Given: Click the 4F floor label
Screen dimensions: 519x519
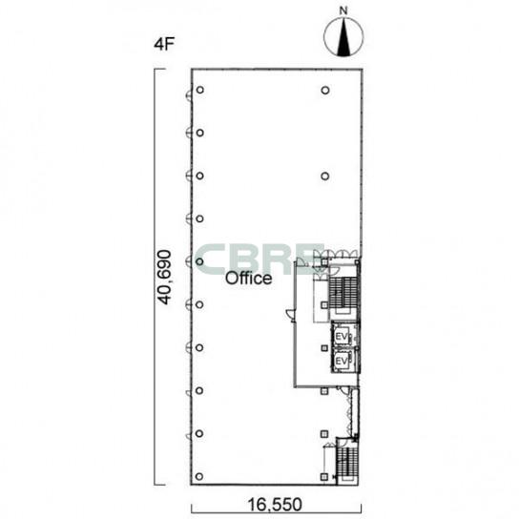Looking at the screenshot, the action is [164, 44].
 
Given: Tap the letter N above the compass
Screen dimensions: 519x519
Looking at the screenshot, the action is [343, 10].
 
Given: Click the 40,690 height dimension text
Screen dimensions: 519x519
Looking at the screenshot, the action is [164, 278].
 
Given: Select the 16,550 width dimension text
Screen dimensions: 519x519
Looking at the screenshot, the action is [275, 505].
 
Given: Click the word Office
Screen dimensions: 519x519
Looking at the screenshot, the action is [249, 279].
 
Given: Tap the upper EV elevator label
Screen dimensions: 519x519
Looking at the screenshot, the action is [342, 337].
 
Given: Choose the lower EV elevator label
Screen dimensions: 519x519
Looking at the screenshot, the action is [342, 362].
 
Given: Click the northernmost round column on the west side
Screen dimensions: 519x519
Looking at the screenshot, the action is [200, 90].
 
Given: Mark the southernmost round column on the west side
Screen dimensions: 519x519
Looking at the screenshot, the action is [199, 477].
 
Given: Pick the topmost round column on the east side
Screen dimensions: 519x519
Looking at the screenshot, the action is [325, 90].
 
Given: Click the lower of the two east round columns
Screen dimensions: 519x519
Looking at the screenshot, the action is [325, 176].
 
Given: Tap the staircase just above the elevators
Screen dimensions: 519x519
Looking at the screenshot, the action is [343, 293].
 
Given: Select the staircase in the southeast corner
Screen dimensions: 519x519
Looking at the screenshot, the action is [346, 462].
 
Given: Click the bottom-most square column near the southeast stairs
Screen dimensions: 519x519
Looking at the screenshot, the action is [324, 477].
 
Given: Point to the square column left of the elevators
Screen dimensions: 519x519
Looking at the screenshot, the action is [324, 348].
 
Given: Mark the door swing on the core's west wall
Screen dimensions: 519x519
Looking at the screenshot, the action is [290, 316].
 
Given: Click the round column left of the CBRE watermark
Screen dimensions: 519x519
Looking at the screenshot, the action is [199, 261].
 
